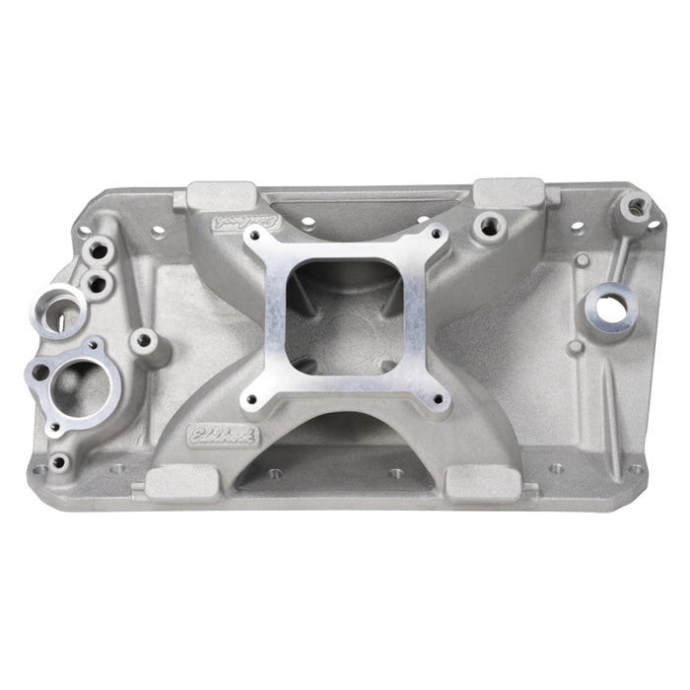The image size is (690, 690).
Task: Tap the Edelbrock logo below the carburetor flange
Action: [x=212, y=434]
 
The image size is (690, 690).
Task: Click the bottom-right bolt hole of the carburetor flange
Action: [x=431, y=401]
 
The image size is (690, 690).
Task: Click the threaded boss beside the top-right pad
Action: [x=487, y=227]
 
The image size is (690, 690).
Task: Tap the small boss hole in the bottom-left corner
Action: [x=60, y=460]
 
